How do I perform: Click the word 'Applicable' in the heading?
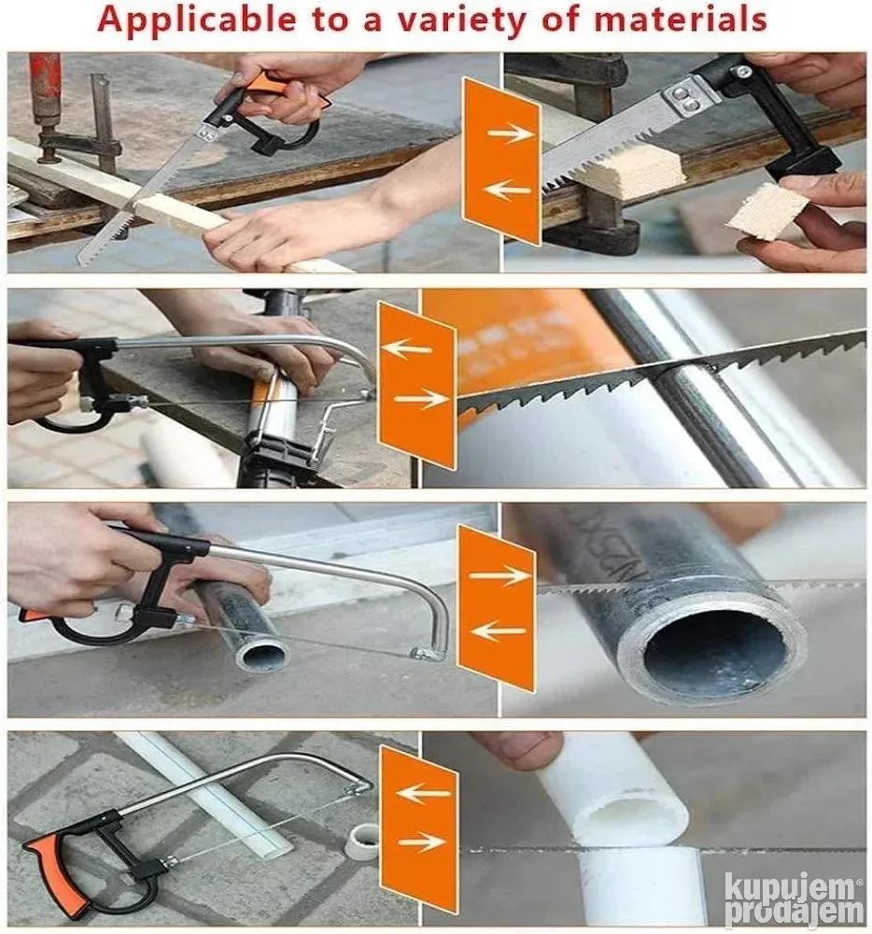(x=196, y=19)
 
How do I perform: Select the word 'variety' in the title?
(x=461, y=20)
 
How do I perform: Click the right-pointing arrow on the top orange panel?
(x=510, y=133)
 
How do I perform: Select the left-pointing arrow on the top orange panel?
(x=506, y=190)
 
